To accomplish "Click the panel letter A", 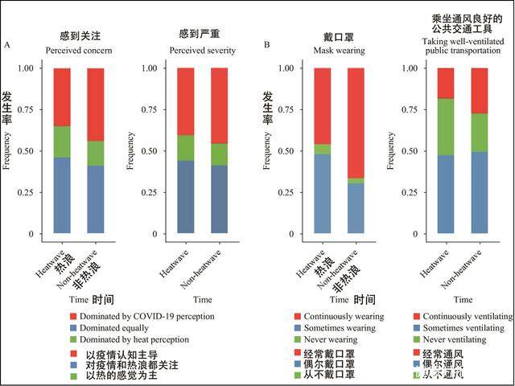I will tap(7, 45).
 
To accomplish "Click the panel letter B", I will tap(266, 45).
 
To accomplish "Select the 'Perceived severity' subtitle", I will tap(203, 50).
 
